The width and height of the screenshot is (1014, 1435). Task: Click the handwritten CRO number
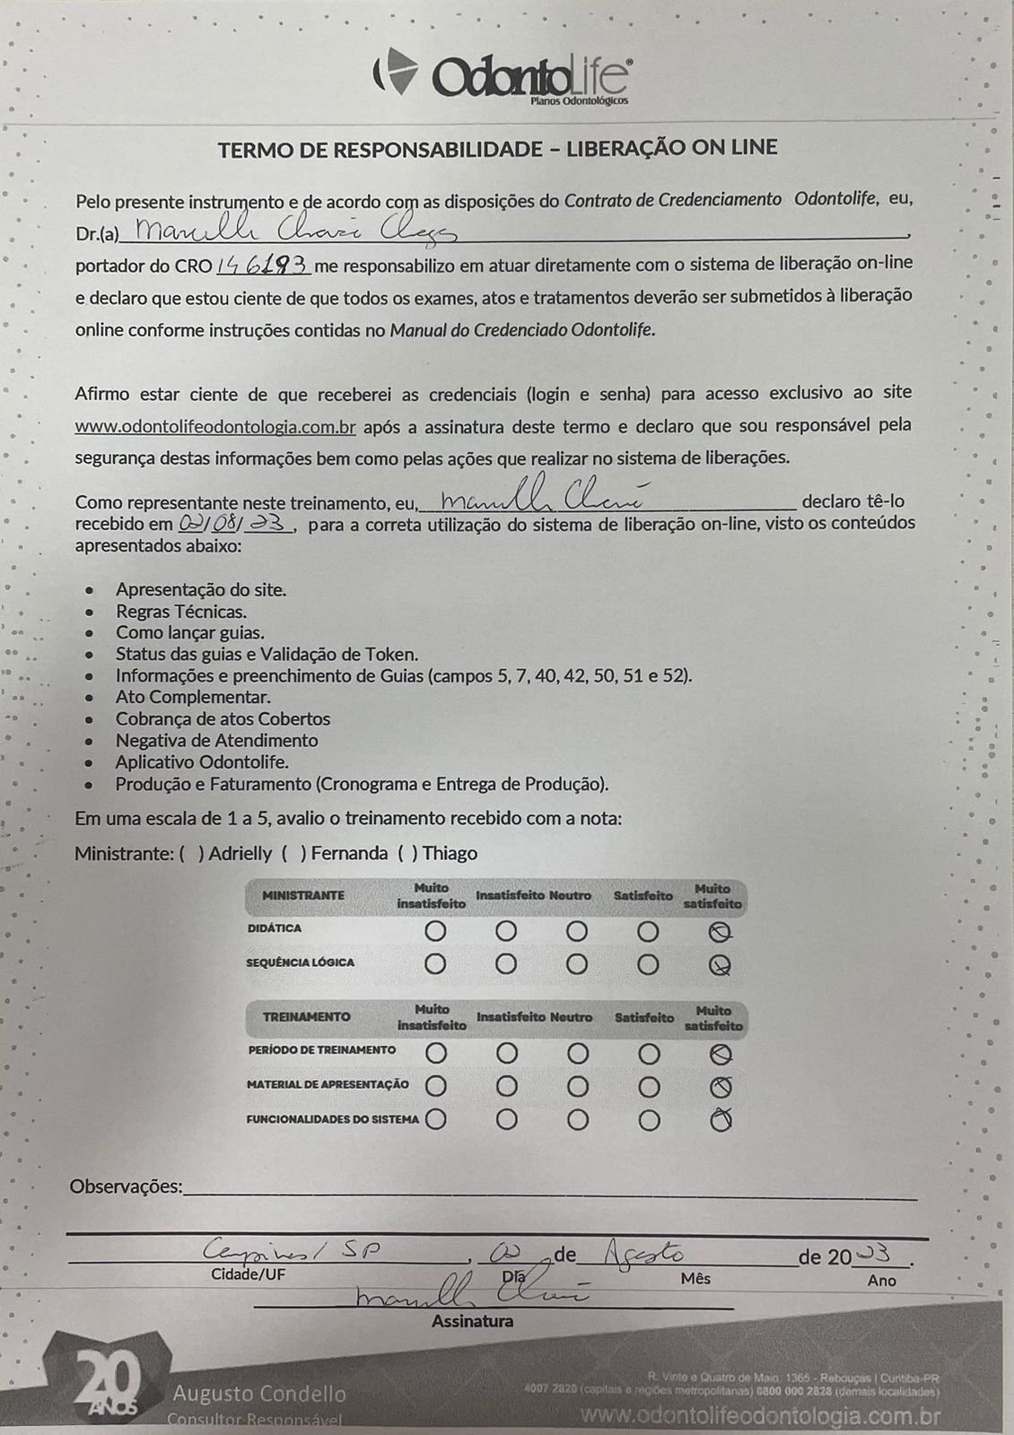click(264, 265)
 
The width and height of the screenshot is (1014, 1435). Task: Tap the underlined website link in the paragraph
click(215, 427)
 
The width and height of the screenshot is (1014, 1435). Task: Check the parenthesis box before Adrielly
click(191, 853)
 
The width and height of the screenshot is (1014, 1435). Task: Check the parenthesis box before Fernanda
click(293, 853)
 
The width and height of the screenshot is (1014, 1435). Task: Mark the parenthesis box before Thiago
click(407, 853)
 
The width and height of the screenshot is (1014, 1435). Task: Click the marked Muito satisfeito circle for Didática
click(720, 932)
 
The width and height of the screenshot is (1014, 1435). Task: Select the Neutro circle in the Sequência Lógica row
click(577, 965)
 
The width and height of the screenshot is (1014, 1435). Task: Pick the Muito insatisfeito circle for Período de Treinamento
click(436, 1052)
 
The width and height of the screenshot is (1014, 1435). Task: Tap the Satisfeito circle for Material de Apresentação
click(649, 1087)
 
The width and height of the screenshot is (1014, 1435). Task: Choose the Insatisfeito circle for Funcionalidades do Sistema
click(507, 1120)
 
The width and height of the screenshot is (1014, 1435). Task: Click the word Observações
click(125, 1187)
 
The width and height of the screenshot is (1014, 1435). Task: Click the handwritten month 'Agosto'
click(643, 1253)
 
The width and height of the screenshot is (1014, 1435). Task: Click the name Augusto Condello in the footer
click(258, 1394)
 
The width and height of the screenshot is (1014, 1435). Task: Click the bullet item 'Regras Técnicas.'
click(180, 612)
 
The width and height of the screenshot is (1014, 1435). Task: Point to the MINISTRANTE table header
click(302, 896)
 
